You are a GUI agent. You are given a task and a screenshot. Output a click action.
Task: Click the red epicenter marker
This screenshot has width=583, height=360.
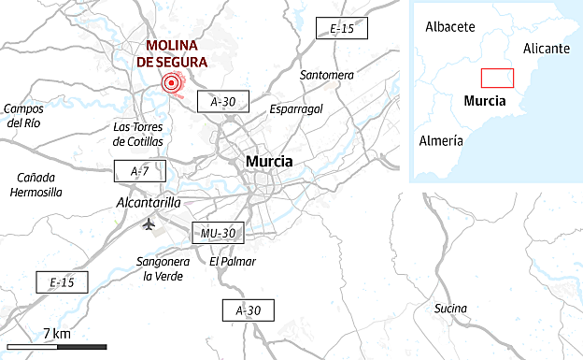[x=171, y=84]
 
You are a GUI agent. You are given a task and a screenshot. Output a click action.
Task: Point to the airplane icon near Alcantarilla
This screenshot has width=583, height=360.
[x=149, y=224]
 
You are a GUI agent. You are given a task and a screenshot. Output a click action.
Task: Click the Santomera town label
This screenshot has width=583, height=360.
[x=327, y=75]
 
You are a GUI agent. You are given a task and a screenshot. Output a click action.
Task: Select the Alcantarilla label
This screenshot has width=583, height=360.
[x=147, y=202]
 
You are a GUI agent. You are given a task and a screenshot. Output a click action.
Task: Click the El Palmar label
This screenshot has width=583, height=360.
[x=233, y=262]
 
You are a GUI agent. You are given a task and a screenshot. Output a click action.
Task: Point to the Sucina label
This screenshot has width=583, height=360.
[x=452, y=309]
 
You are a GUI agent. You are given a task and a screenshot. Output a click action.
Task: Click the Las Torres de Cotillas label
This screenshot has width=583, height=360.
[x=137, y=134]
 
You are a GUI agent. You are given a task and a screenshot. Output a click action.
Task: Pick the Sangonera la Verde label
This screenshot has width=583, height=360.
[x=163, y=268]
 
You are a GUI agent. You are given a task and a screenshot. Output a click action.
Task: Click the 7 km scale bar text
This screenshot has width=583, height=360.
[x=56, y=334]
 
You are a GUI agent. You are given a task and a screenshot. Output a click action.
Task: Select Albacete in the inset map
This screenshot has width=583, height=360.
[x=450, y=27]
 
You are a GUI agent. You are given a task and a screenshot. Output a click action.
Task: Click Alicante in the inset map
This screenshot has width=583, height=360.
[x=547, y=48]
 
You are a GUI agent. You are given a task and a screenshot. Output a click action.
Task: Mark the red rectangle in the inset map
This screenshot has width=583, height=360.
[x=497, y=79]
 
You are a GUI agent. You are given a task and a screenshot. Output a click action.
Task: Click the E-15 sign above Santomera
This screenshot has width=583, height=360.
[x=342, y=29]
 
